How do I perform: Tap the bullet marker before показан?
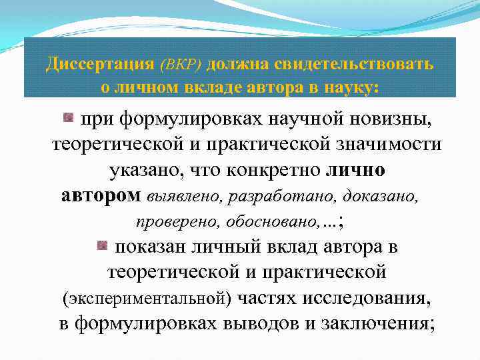tap(102, 246)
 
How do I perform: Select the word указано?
tap(143, 171)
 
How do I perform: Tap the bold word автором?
tap(101, 195)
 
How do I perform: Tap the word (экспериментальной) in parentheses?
tap(147, 299)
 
